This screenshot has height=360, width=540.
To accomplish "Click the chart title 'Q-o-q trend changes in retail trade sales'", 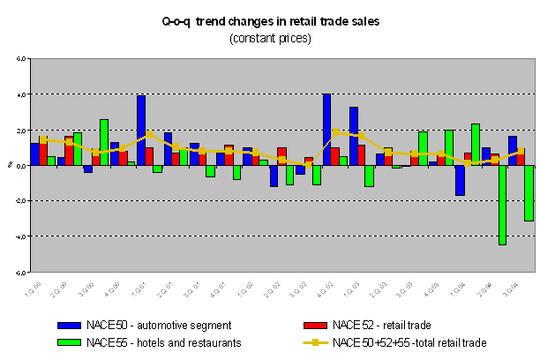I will [270, 21].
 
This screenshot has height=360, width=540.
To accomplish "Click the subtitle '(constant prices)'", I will [270, 38].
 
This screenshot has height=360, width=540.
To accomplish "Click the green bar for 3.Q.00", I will [104, 142].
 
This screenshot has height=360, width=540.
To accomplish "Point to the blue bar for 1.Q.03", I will [353, 136].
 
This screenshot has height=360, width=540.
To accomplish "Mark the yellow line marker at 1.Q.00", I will [43, 139].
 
